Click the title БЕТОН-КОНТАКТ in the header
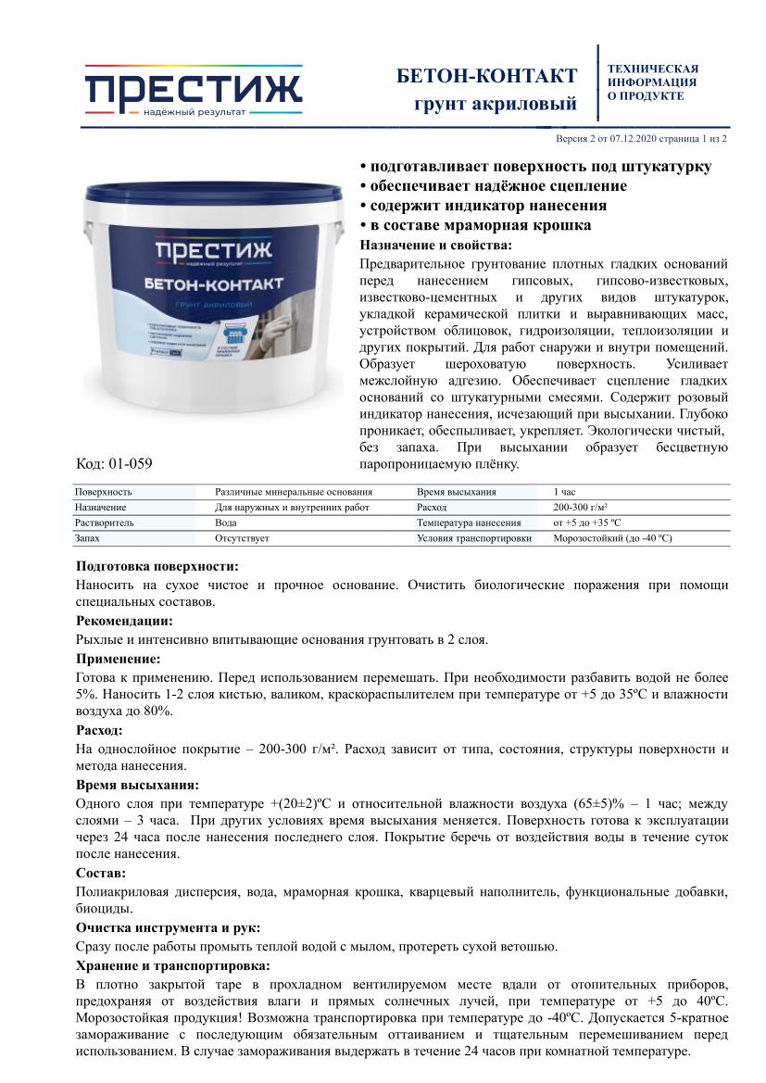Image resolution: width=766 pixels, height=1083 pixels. click(x=487, y=75)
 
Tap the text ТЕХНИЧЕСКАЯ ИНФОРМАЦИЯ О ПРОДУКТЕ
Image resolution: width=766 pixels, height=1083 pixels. click(x=652, y=82)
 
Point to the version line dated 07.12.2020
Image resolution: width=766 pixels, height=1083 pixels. click(x=641, y=138)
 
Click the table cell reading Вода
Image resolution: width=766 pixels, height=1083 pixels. click(x=224, y=523)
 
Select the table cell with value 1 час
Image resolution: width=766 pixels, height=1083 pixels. click(x=565, y=492)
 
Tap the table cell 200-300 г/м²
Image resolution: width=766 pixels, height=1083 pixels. click(x=580, y=508)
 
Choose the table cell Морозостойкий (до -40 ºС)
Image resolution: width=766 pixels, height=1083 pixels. click(x=612, y=538)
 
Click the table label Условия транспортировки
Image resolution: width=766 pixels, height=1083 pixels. click(x=474, y=538)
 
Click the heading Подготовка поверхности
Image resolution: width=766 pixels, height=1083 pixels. click(x=157, y=565)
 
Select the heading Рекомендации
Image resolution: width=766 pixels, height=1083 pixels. click(x=123, y=621)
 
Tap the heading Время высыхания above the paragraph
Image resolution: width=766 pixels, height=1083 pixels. click(x=130, y=784)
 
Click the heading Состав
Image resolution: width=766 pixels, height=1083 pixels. click(x=101, y=873)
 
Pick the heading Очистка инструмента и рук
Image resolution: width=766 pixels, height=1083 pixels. click(x=168, y=927)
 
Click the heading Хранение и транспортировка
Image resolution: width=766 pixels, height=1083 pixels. click(x=171, y=965)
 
